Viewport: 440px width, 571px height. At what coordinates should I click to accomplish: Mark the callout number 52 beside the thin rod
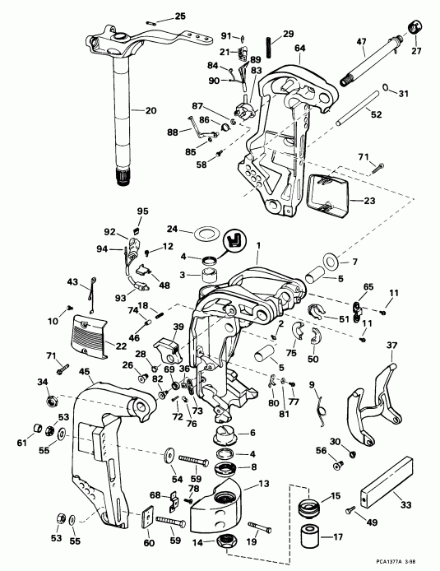pos(374,114)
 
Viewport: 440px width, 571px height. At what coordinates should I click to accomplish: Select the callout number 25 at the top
pos(180,16)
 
